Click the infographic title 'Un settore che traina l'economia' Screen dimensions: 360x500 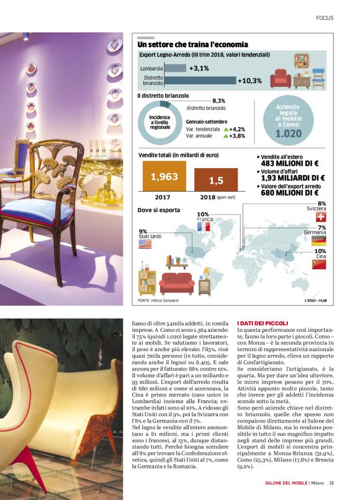(192, 45)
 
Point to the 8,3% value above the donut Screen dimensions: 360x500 (218, 100)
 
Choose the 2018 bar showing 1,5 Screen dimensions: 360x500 (215, 181)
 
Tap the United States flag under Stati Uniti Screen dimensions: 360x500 (145, 245)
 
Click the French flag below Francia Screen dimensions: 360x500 (204, 227)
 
